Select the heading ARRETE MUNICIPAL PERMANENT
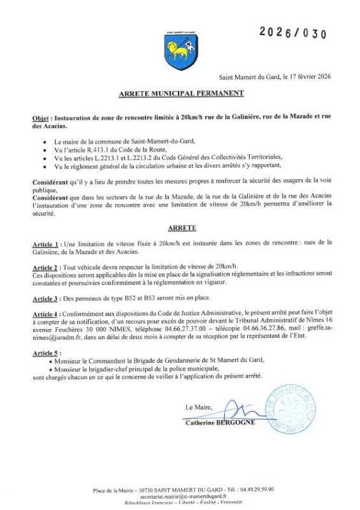tap(181, 94)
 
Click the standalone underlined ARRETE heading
tap(181, 227)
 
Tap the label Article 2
tap(47, 266)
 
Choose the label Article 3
tap(47, 296)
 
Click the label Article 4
tap(47, 313)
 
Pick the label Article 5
tap(47, 353)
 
